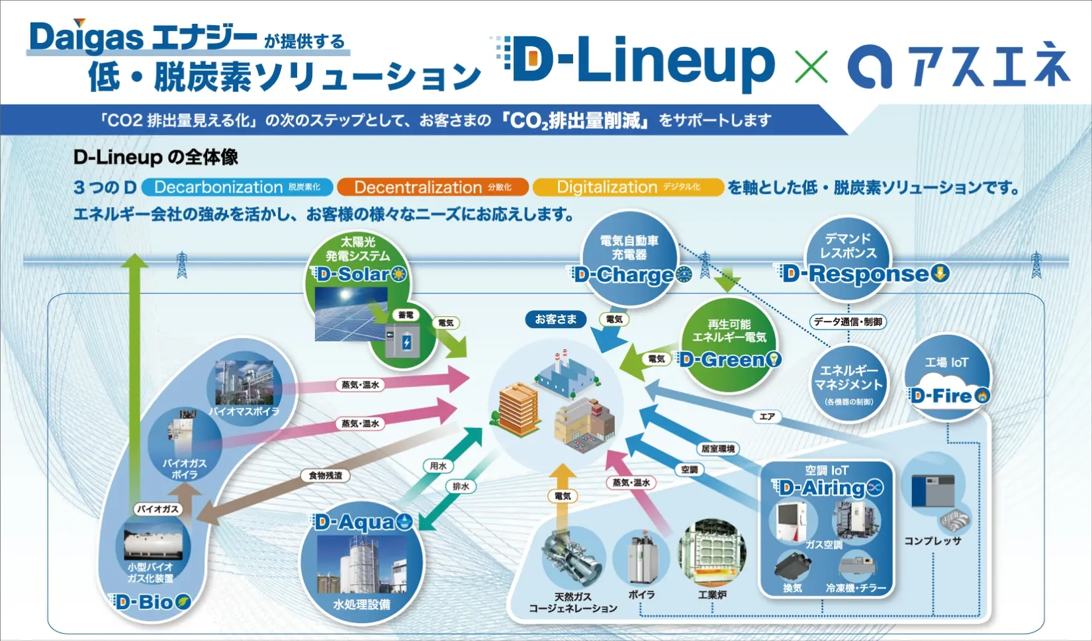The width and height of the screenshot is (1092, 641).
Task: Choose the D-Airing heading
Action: pyautogui.click(x=827, y=488)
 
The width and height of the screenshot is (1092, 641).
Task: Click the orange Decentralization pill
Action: pyautogui.click(x=432, y=187)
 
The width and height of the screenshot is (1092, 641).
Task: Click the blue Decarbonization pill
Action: pyautogui.click(x=237, y=187)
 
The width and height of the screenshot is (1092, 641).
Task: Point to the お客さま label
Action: pyautogui.click(x=555, y=320)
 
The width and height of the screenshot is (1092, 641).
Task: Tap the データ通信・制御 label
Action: pyautogui.click(x=848, y=322)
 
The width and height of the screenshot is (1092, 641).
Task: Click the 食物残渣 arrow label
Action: pyautogui.click(x=326, y=476)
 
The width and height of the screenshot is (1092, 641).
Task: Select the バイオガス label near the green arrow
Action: pyautogui.click(x=158, y=509)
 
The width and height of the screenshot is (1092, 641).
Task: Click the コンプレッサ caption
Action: pyautogui.click(x=933, y=541)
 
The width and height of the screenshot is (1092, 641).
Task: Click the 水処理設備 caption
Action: pyautogui.click(x=361, y=605)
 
